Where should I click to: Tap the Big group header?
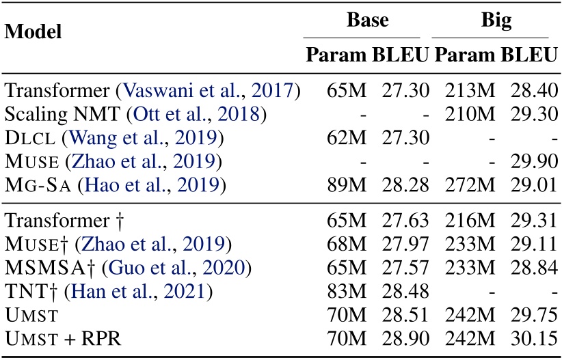[x=490, y=20]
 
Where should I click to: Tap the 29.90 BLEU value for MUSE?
[x=531, y=162]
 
